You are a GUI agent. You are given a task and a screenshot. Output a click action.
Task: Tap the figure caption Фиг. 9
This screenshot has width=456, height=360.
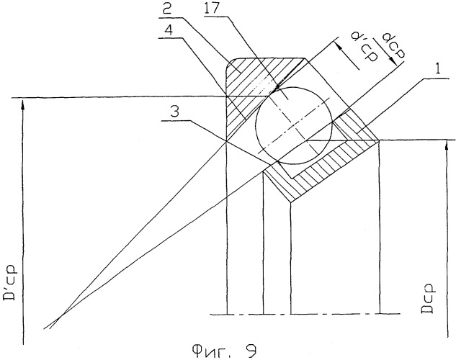tap(224, 351)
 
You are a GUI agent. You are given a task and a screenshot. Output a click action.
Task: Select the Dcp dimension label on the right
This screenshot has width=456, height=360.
tap(426, 298)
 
